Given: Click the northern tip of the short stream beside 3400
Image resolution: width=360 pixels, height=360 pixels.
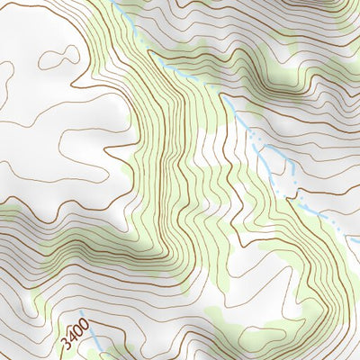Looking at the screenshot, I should point(81,312).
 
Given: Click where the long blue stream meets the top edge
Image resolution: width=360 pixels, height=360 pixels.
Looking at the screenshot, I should point(114,2).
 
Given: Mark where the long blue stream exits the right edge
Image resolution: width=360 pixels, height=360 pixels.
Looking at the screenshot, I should point(357,241).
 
